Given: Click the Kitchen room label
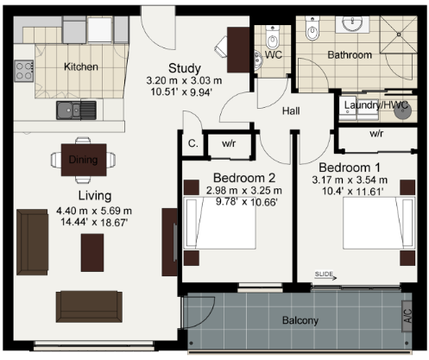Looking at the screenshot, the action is tap(81, 66).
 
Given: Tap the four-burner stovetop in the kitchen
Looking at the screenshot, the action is tap(24, 71).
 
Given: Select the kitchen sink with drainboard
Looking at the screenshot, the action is tap(76, 110).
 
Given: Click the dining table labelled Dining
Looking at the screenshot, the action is tap(84, 160).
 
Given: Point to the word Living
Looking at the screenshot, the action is tap(95, 196).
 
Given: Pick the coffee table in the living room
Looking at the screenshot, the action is tap(92, 253).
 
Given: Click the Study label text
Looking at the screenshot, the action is tap(185, 68).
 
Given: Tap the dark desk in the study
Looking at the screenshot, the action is tap(238, 50).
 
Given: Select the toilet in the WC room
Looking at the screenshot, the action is tap(272, 38).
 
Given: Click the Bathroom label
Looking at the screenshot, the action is tap(350, 54).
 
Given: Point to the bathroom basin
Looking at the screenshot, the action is tap(352, 23).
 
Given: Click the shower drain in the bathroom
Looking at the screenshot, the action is tap(399, 35).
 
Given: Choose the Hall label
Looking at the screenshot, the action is tap(291, 111).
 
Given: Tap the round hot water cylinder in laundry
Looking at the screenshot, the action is tap(402, 110).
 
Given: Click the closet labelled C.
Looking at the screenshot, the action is tap(192, 143).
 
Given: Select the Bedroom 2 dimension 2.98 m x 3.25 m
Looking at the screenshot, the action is tap(244, 191).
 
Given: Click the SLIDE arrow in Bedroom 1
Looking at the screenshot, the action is tap(325, 278).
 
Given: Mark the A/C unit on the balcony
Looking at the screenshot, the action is tap(407, 316).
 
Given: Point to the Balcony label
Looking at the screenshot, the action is tap(300, 320).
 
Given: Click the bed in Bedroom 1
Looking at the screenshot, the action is tap(379, 223).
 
